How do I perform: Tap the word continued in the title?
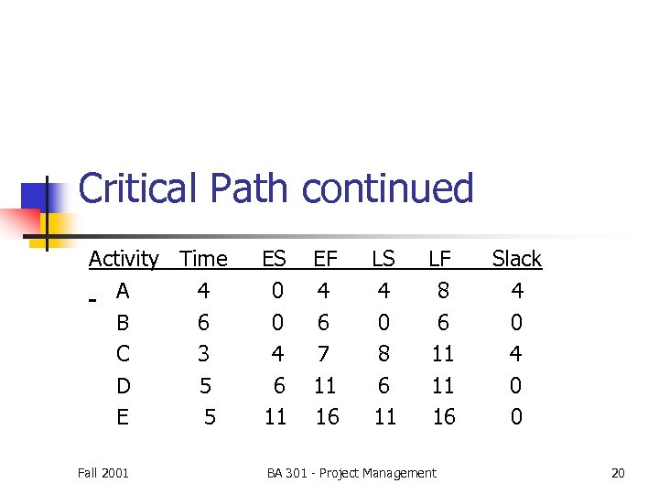388,188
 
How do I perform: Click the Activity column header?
124,260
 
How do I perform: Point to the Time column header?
204,260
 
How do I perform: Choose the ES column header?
274,260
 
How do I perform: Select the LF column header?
440,260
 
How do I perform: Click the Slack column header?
517,260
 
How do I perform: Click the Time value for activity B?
203,323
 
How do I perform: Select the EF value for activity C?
324,354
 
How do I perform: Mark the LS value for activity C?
384,354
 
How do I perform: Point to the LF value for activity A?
444,291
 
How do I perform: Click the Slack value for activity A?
517,291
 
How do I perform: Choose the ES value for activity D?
277,386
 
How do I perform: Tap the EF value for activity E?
327,417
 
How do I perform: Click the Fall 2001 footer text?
103,473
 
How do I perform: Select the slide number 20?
618,473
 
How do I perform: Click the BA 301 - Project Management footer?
351,473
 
